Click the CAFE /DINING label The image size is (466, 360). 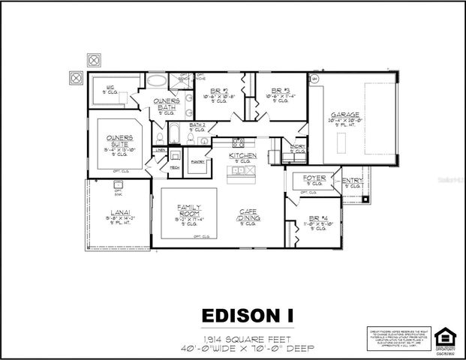tap(250, 215)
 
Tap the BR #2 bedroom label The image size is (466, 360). tap(218, 91)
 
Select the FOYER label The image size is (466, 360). tap(314, 178)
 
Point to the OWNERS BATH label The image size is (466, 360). tap(165, 103)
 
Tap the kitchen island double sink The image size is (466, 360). tap(242, 170)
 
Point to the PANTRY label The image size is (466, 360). tap(198, 161)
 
